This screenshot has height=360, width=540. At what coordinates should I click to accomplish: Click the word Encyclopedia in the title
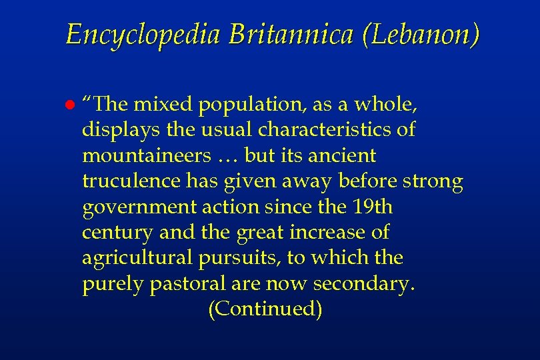point(143,35)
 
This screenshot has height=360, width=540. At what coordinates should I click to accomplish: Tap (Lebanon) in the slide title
point(420,35)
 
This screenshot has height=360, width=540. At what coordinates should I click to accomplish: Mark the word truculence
point(129,181)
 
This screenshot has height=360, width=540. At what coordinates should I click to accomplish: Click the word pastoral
point(189,285)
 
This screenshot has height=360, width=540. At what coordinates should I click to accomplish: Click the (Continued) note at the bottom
point(265,309)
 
